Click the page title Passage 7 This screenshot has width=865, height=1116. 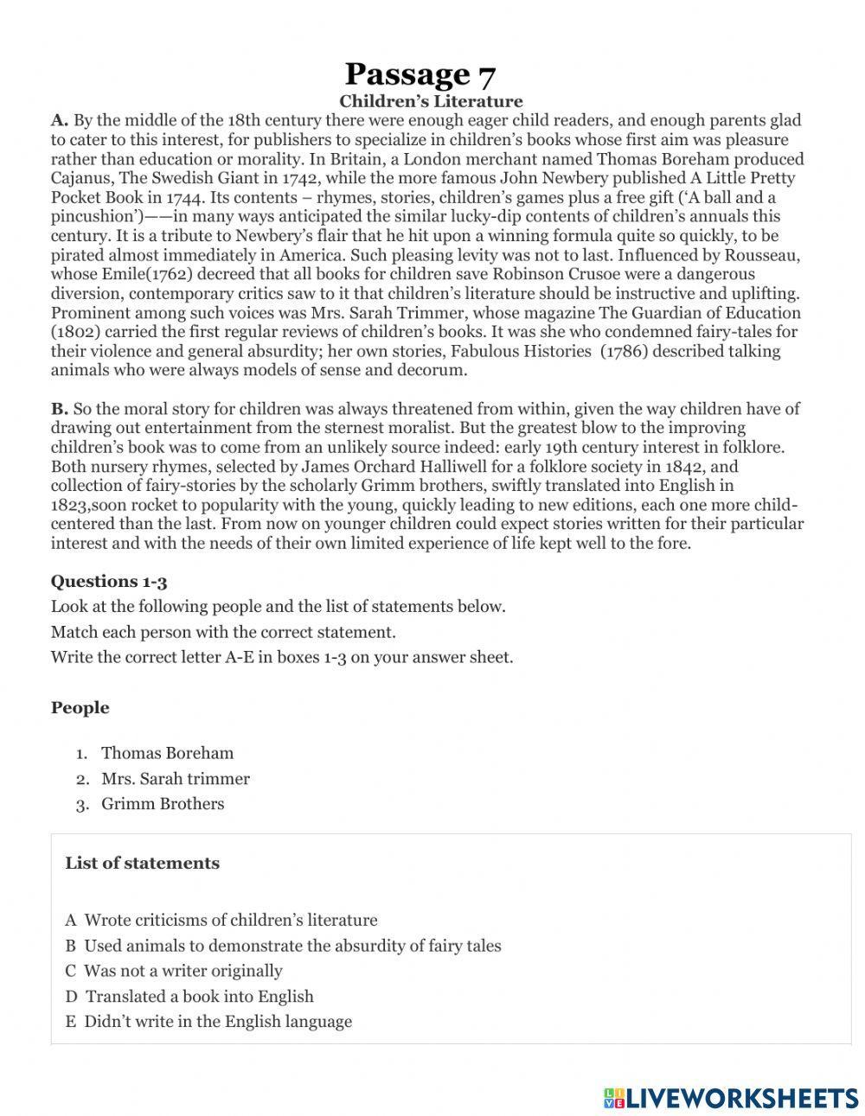tap(420, 74)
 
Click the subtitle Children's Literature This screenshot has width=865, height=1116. tap(431, 102)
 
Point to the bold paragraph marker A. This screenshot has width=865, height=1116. tap(59, 121)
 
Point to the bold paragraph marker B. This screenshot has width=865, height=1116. tap(59, 409)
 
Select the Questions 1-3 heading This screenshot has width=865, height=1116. tap(108, 581)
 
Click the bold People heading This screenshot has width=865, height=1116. tap(80, 708)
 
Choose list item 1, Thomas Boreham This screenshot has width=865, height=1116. tap(167, 753)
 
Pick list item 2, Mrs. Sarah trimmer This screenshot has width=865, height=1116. tap(175, 779)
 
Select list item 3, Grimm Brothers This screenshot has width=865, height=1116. tap(163, 804)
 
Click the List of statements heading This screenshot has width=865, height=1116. tap(142, 864)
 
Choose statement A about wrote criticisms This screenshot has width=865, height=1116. tap(221, 921)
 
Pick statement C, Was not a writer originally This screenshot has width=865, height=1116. tap(174, 971)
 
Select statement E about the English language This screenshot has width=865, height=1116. tap(208, 1022)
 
